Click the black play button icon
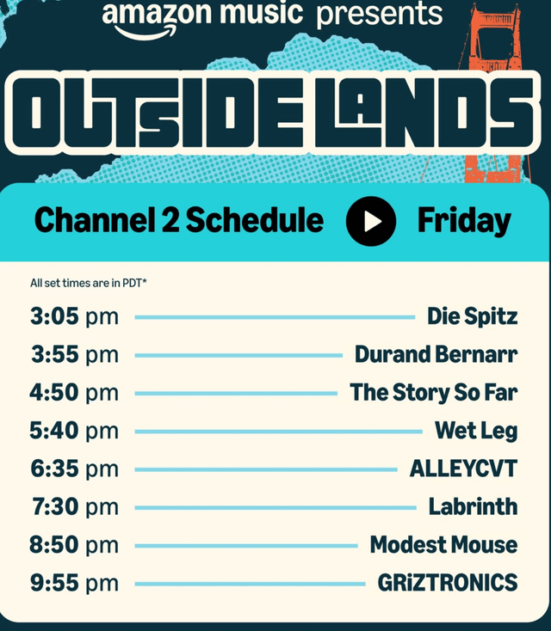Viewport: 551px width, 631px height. point(371,221)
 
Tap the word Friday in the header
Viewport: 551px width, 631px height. point(464,221)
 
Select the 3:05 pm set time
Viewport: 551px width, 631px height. point(74,316)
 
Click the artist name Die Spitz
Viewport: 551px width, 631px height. point(472,316)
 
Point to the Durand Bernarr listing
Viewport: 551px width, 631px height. point(436,354)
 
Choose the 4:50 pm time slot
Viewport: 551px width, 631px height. point(74,392)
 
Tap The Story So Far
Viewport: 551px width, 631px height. point(433,392)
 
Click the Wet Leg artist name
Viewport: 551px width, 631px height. point(476,431)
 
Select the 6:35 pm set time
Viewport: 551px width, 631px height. point(75,469)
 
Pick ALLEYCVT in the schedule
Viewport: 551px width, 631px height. point(463,469)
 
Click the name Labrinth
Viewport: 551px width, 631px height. point(473,506)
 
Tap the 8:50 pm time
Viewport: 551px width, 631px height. point(74,544)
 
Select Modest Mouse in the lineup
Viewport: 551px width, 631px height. point(443,544)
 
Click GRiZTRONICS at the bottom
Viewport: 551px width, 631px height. point(448,582)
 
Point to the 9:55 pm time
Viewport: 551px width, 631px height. point(75,583)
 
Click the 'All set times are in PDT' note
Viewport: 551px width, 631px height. point(89,284)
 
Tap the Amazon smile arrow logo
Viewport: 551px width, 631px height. point(145,32)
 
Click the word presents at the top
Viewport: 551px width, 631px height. point(380,15)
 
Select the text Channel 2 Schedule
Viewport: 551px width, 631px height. point(179,220)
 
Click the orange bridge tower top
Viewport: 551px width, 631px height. point(495,16)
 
